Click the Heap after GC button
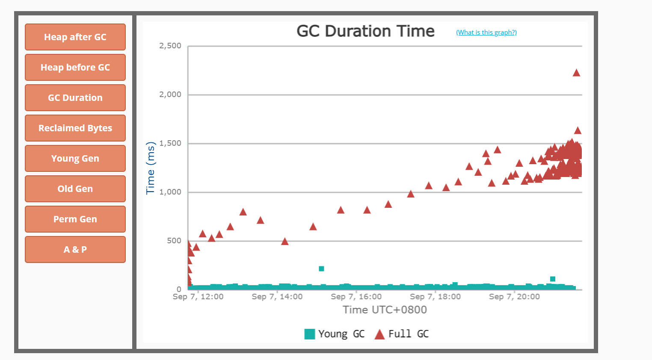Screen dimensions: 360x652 (x=75, y=37)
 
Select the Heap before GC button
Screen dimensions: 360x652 (x=75, y=68)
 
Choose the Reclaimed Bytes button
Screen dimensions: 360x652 (x=75, y=128)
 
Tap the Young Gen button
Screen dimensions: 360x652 (x=75, y=159)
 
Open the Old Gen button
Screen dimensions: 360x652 (x=75, y=189)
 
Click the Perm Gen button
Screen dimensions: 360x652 (x=75, y=219)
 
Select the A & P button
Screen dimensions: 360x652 (x=75, y=250)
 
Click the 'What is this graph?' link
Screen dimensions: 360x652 (x=486, y=32)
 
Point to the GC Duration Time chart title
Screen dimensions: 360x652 (x=365, y=31)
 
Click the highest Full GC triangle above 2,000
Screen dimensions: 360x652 (x=576, y=73)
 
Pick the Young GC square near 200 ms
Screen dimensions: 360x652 (x=321, y=269)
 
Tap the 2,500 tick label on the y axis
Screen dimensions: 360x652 (x=170, y=46)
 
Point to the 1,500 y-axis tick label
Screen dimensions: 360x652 (x=170, y=143)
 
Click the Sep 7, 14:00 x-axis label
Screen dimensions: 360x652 (x=277, y=297)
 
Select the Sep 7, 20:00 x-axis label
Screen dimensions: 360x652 (x=514, y=297)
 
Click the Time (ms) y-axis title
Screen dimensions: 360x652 (x=151, y=168)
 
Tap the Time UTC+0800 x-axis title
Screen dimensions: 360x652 (x=385, y=310)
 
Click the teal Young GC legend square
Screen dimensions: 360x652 (x=309, y=334)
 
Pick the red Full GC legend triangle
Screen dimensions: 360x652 (x=379, y=334)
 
